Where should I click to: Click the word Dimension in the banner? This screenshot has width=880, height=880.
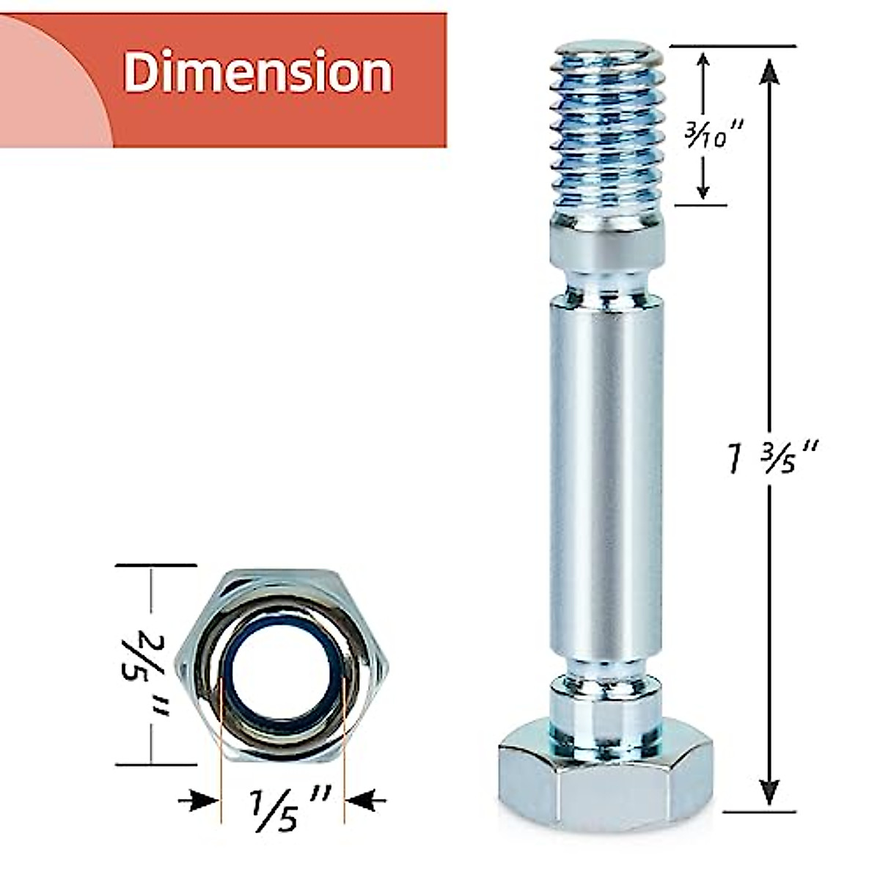pos(257,73)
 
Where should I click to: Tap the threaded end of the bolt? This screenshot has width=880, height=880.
pos(606,132)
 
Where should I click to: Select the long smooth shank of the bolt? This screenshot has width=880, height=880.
pos(606,477)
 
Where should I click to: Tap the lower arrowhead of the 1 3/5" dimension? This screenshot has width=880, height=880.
pos(769,792)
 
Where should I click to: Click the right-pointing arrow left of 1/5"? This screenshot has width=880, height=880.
pos(198,800)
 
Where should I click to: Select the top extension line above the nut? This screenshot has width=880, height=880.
pos(155,565)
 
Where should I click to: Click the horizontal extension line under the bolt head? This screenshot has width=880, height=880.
pos(759,812)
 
